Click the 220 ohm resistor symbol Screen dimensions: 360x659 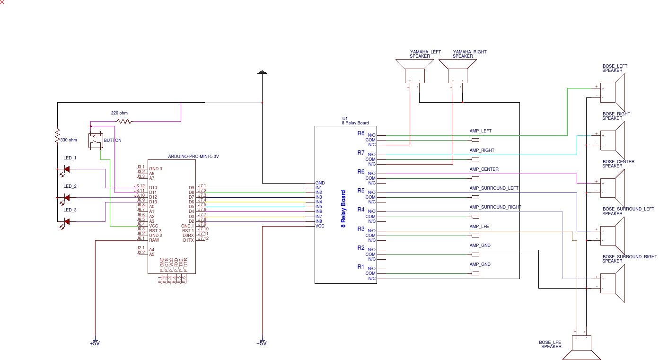[124, 122]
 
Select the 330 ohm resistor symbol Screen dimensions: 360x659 [57, 135]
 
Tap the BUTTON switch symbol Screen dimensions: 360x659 [96, 140]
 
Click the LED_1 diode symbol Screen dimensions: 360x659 [67, 169]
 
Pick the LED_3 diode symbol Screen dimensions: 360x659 [67, 221]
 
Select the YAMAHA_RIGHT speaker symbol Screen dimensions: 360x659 [457, 71]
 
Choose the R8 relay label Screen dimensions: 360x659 [361, 133]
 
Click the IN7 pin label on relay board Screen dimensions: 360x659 [319, 216]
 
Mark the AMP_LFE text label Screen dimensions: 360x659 [479, 227]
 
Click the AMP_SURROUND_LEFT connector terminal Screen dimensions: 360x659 [475, 197]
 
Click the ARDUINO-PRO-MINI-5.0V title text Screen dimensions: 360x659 [193, 156]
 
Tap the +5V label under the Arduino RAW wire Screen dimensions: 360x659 [95, 343]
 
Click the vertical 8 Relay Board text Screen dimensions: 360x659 [343, 209]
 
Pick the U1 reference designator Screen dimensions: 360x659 [345, 118]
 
